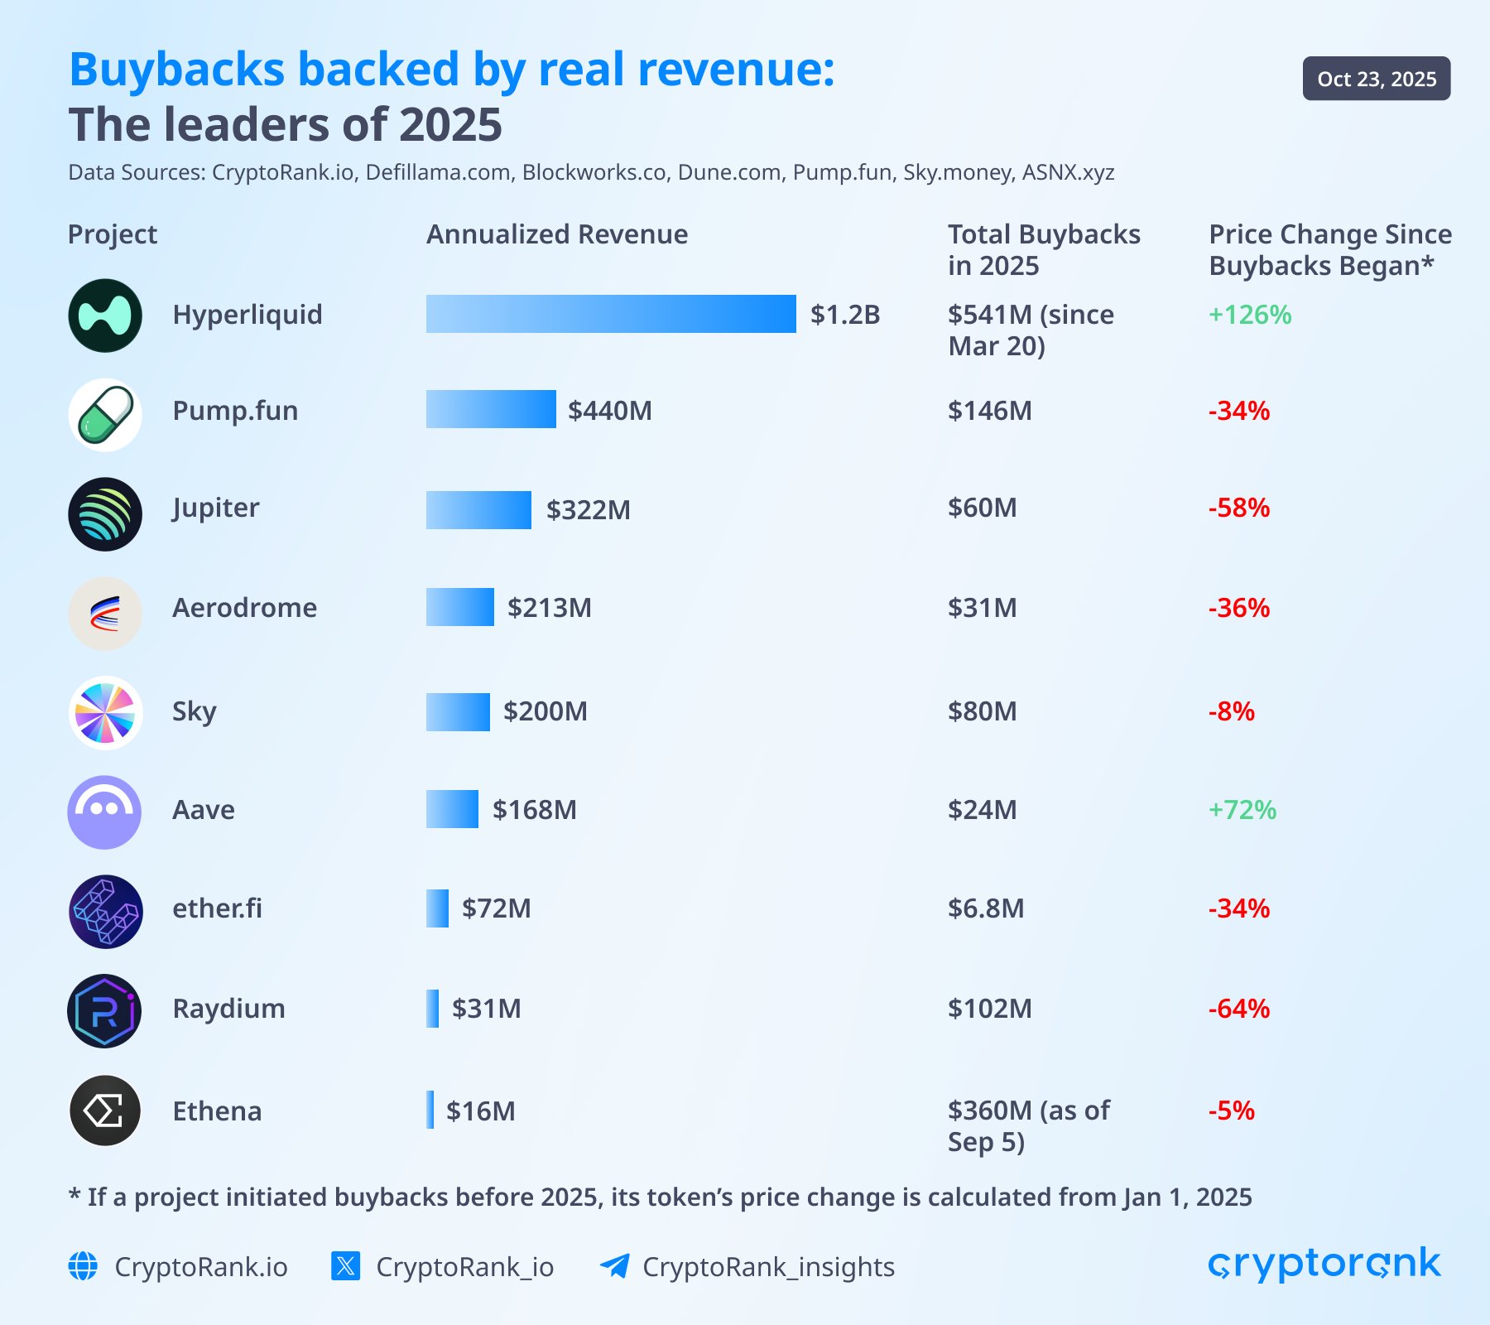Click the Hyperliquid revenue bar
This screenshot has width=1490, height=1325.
611,314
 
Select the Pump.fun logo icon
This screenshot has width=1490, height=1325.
105,415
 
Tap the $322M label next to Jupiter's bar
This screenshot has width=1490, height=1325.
588,509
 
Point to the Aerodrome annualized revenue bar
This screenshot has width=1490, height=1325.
460,607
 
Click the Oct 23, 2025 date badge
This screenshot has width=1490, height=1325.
1376,79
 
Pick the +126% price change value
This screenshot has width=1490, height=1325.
1249,315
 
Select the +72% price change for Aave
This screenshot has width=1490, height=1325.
1242,809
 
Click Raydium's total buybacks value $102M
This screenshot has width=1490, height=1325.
989,1008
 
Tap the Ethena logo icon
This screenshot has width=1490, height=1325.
105,1111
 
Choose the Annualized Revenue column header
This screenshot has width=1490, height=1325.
556,234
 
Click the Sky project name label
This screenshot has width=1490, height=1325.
194,711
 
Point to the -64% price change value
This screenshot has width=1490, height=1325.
1238,1008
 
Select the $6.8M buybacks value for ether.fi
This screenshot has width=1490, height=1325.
985,908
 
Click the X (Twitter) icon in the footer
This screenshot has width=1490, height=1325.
345,1266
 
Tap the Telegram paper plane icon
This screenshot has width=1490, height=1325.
614,1266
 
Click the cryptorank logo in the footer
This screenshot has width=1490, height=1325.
1324,1265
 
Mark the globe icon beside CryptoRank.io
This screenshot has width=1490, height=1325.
83,1266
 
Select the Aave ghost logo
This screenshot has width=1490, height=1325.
104,812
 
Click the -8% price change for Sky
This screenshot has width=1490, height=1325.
1231,711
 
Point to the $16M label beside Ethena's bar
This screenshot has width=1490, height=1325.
480,1111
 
